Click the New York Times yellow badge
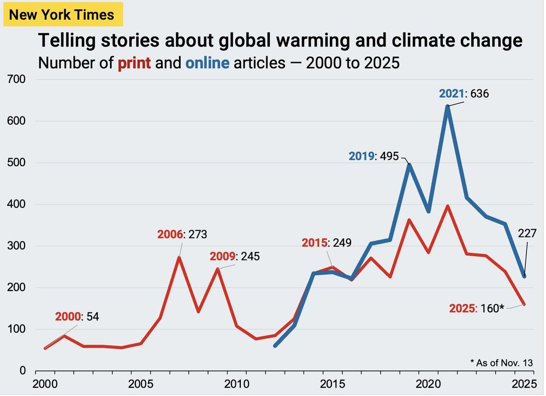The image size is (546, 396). (62, 14)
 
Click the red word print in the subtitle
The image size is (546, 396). (134, 63)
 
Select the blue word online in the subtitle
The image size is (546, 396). (207, 63)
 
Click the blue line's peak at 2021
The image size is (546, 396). (448, 107)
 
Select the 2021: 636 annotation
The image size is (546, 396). (464, 93)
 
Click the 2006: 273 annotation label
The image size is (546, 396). (182, 235)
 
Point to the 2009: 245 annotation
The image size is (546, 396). (235, 256)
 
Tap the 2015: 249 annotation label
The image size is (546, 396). (326, 243)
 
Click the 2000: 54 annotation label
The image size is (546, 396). (77, 316)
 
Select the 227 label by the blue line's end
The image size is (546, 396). (527, 234)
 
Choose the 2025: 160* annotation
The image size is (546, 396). (476, 309)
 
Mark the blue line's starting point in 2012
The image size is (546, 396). (275, 346)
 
